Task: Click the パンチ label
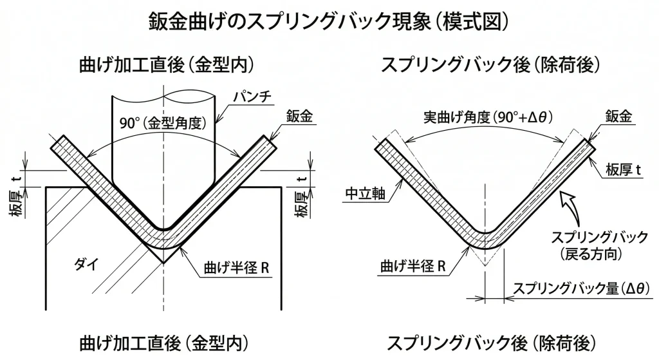tap(254, 97)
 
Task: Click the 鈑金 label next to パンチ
tap(298, 117)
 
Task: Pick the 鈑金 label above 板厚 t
tap(619, 117)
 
